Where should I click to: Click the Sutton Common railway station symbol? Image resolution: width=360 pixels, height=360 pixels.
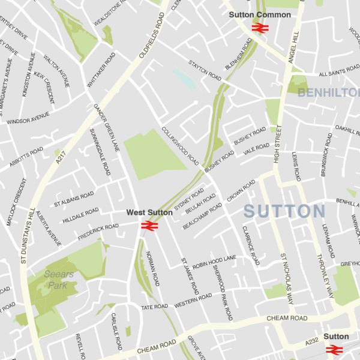click(x=259, y=27)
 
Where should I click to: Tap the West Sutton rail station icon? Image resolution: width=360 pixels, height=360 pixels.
click(x=149, y=226)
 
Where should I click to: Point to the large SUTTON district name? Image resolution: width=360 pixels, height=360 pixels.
click(x=284, y=211)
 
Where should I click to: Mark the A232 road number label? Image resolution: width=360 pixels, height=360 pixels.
click(x=311, y=341)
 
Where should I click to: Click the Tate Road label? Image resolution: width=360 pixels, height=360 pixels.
click(x=154, y=307)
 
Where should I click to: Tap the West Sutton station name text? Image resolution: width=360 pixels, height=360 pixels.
click(x=149, y=212)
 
